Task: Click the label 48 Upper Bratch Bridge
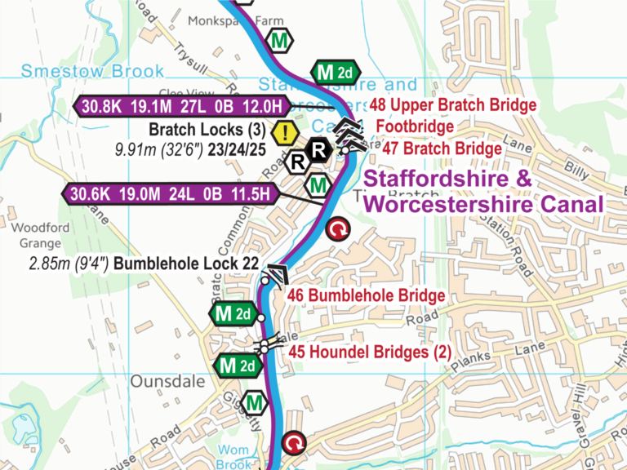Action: pos(453,105)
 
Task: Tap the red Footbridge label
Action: pos(415,127)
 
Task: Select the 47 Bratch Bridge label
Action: pos(442,149)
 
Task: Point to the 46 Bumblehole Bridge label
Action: pos(366,295)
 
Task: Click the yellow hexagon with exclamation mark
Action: pos(284,131)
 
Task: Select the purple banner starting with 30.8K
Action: pos(181,105)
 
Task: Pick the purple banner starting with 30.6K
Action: pos(171,193)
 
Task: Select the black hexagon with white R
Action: pos(319,150)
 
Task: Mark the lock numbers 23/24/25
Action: pos(237,150)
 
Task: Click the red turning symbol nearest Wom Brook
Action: pos(293,444)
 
